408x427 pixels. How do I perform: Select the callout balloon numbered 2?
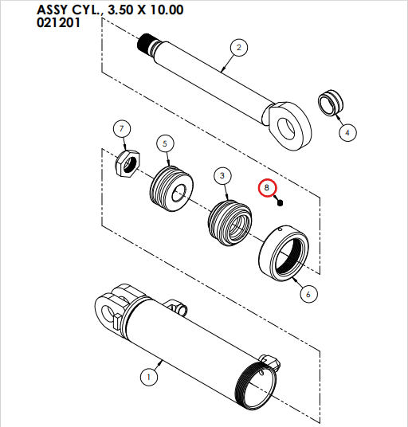[237, 49]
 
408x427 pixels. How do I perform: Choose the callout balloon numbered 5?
[164, 143]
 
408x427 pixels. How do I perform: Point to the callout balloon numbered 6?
[308, 293]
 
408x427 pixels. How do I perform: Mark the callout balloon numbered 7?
[121, 129]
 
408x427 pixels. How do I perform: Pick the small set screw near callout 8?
[281, 202]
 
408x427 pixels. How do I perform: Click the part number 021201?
[58, 23]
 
